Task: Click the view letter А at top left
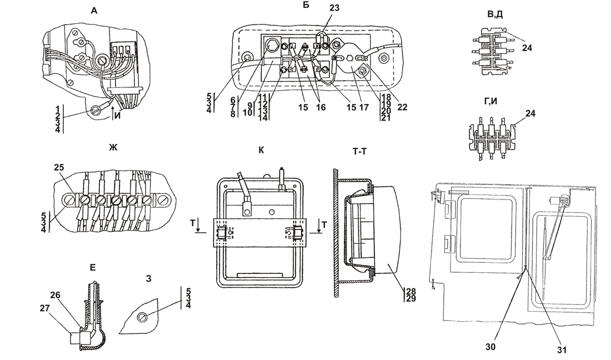[x=94, y=11]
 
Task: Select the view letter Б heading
[x=306, y=6]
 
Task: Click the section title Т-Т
[x=359, y=151]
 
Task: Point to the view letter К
[x=261, y=151]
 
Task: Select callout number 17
[x=364, y=107]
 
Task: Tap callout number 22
[x=402, y=107]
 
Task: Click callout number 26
[x=55, y=296]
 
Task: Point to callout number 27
[x=44, y=308]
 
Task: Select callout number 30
[x=490, y=346]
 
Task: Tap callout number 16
[x=320, y=107]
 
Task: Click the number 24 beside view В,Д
[x=527, y=48]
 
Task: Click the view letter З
[x=148, y=278]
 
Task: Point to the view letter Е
[x=92, y=268]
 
